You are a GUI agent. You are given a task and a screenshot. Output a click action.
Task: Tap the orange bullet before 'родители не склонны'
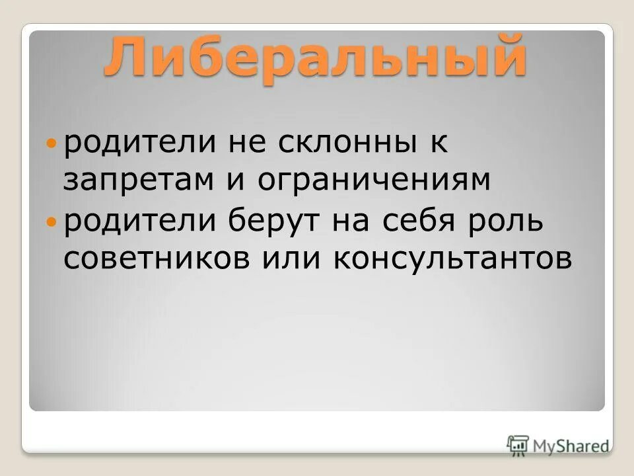pos(53,143)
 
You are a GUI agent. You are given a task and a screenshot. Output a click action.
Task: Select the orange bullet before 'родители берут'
pos(53,223)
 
